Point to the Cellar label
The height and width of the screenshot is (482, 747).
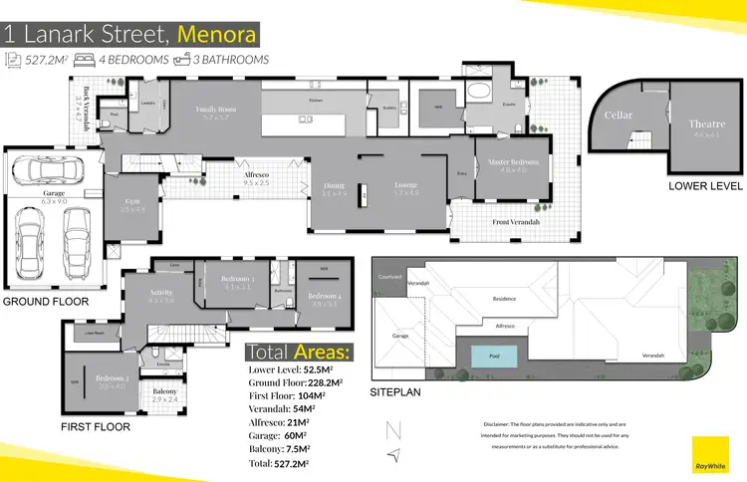(x=619, y=116)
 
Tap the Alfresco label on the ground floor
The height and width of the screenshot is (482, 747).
(x=257, y=175)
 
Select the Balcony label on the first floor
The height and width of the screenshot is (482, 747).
(x=165, y=392)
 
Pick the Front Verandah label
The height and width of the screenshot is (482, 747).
(x=516, y=222)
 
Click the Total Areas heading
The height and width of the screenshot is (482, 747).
(x=297, y=353)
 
